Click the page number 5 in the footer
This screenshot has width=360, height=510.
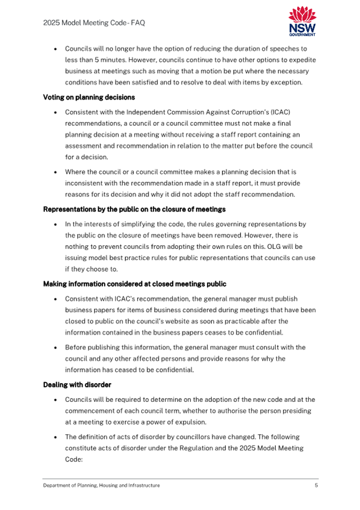tap(316, 485)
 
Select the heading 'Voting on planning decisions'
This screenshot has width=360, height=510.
tap(89, 98)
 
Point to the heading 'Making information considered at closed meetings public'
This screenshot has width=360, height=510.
tap(134, 284)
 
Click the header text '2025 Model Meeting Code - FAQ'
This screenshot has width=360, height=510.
tap(94, 23)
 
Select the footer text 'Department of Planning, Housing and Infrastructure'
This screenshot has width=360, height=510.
tap(101, 485)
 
